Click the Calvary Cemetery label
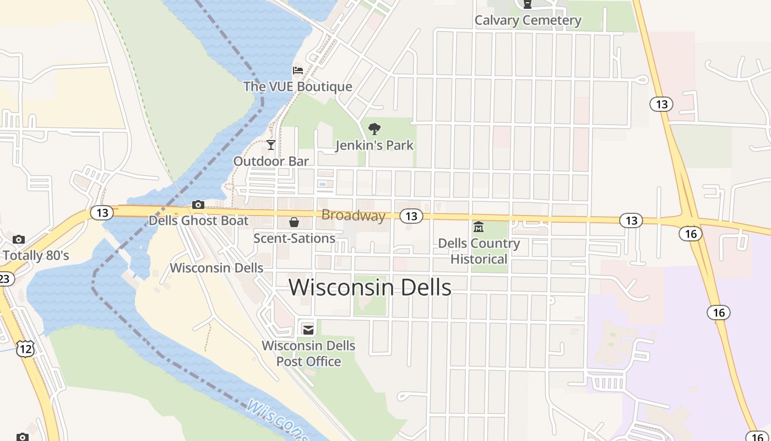[528, 20]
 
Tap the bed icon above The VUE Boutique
[298, 71]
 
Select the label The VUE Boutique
[297, 87]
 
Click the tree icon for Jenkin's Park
[374, 130]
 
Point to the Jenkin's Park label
[374, 146]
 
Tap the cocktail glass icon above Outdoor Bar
[271, 145]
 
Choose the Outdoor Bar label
[271, 161]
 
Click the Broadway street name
[354, 215]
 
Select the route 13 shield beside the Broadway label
[411, 216]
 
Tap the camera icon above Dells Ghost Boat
[198, 205]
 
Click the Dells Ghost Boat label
[198, 220]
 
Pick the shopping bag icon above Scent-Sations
[294, 222]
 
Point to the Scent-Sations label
[294, 238]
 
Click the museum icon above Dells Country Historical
[479, 227]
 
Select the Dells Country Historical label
[479, 251]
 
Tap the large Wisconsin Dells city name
[370, 287]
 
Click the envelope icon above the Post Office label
[308, 330]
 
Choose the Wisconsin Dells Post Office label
[308, 353]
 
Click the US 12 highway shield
[25, 348]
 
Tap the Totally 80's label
[36, 255]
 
